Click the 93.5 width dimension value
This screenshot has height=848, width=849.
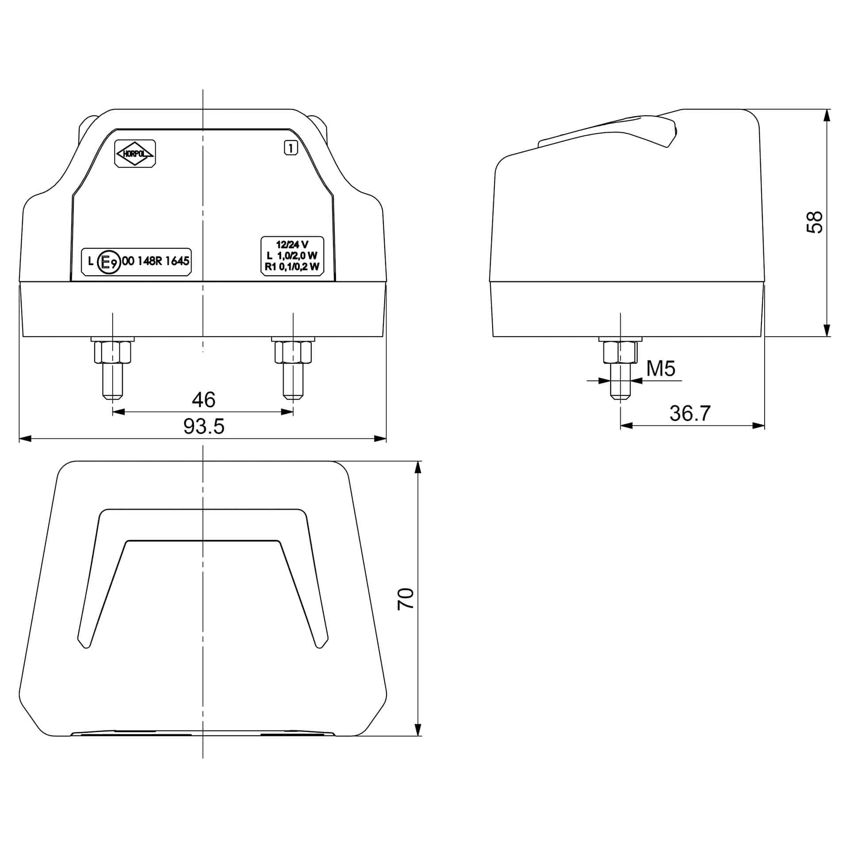(204, 426)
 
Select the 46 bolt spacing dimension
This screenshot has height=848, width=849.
(203, 399)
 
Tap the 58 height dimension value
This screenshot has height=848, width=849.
(814, 222)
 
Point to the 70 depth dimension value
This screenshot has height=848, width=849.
(405, 599)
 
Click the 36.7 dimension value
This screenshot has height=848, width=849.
(690, 413)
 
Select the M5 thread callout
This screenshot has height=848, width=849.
(661, 369)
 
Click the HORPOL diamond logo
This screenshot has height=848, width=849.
(135, 153)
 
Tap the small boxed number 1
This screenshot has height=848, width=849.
(291, 148)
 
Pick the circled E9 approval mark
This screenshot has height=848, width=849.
(108, 262)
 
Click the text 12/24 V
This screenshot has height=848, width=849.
(292, 244)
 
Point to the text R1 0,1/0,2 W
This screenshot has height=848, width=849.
(292, 266)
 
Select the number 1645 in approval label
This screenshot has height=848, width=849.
(177, 261)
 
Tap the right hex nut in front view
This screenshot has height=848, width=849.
(293, 352)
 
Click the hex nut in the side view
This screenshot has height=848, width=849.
(620, 352)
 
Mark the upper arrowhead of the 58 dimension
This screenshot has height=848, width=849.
(826, 115)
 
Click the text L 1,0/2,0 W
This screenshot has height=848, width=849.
(292, 255)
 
